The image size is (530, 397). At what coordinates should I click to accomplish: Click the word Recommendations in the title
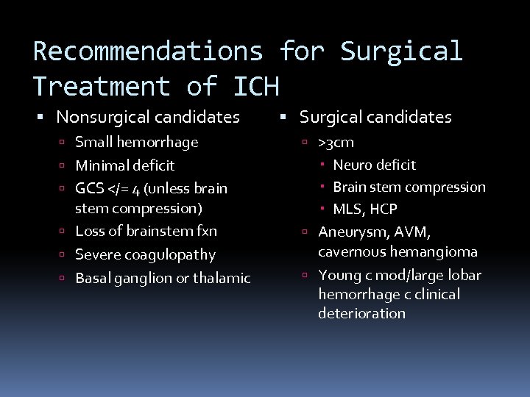(x=147, y=51)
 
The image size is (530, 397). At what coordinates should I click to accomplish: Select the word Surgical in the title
(x=401, y=51)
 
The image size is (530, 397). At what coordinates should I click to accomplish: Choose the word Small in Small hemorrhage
(x=93, y=142)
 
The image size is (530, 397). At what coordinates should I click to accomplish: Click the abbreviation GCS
(x=90, y=189)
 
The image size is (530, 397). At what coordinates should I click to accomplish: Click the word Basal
(x=93, y=279)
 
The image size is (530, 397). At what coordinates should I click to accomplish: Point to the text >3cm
(x=336, y=143)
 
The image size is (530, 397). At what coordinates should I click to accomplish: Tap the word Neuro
(x=353, y=165)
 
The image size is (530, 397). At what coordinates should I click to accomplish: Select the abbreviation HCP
(x=383, y=210)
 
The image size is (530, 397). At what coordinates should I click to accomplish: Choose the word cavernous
(x=350, y=252)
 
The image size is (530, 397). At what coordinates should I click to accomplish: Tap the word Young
(x=339, y=276)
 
